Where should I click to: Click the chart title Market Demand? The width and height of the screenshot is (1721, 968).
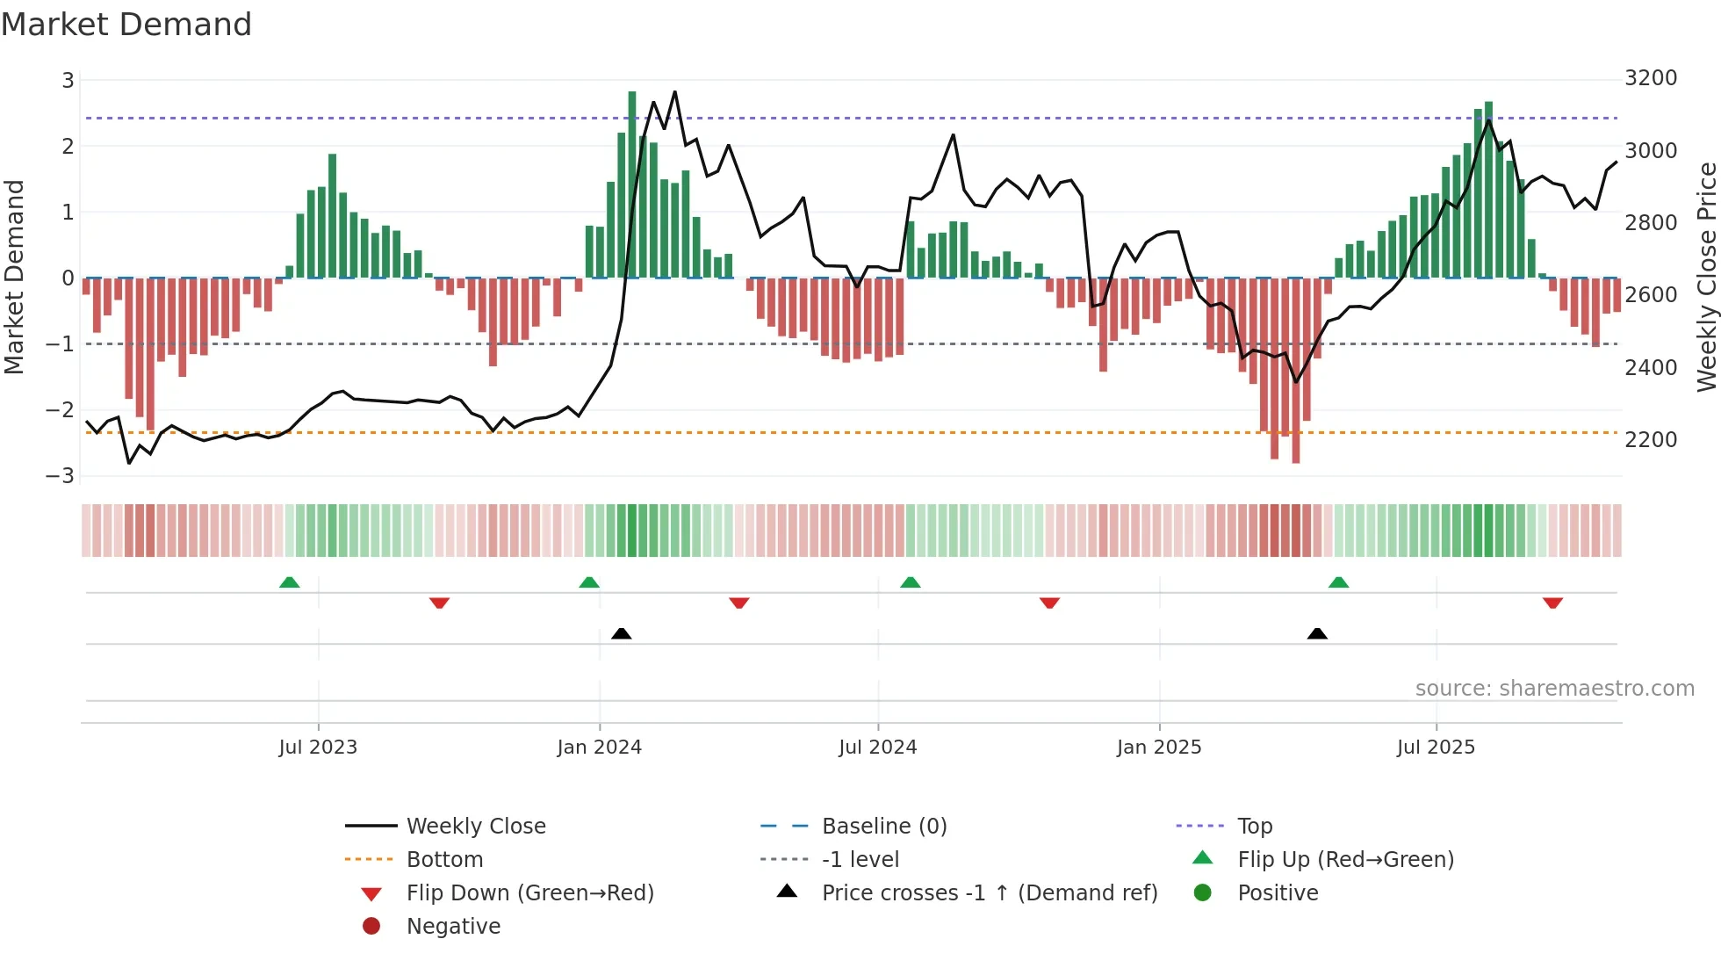pos(126,25)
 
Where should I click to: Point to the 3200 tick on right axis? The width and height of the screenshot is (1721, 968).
pos(1650,78)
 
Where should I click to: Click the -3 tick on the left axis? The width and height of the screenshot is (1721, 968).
pos(61,475)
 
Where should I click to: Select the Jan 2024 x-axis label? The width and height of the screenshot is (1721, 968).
pos(599,748)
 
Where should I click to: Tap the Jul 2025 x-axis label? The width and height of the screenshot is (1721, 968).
pos(1436,748)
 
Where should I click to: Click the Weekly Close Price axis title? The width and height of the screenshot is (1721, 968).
pos(1706,277)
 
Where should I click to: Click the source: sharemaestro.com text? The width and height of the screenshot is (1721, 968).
pos(1554,689)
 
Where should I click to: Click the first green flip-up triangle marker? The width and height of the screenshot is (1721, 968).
pos(289,582)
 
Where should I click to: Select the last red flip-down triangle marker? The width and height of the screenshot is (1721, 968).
pos(1552,603)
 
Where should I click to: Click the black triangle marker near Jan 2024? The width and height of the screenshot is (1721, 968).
pos(621,633)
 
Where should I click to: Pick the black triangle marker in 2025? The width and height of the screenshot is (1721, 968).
pos(1317,633)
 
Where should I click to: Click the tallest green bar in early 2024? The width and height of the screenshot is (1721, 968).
pos(632,184)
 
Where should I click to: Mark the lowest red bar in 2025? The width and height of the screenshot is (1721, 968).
pos(1296,369)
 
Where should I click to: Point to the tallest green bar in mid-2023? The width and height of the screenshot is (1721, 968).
pos(332,216)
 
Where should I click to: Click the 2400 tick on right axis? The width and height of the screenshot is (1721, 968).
pos(1650,368)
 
